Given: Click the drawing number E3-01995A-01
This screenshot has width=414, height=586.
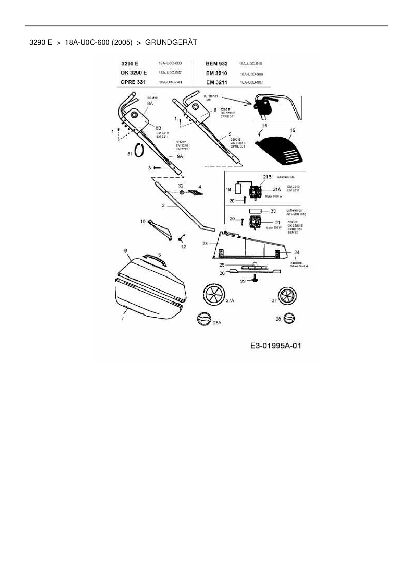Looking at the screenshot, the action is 276,345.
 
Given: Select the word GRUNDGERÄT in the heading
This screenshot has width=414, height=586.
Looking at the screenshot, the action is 171,42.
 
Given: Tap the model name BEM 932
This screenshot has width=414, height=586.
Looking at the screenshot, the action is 217,63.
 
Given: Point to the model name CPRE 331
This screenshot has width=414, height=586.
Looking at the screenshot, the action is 133,82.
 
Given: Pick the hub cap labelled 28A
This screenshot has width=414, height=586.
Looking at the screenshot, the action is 204,319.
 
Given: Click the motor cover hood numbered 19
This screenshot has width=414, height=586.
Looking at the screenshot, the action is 280,151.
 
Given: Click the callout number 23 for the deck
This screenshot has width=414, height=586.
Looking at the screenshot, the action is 205,244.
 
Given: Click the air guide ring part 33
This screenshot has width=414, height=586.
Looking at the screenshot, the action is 255,211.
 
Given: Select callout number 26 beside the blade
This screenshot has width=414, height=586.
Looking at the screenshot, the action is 222,273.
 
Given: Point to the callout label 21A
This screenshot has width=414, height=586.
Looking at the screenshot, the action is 277,189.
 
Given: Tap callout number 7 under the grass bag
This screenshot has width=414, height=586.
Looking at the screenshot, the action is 123,318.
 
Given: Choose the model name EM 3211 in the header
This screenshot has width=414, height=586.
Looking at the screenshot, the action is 217,82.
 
